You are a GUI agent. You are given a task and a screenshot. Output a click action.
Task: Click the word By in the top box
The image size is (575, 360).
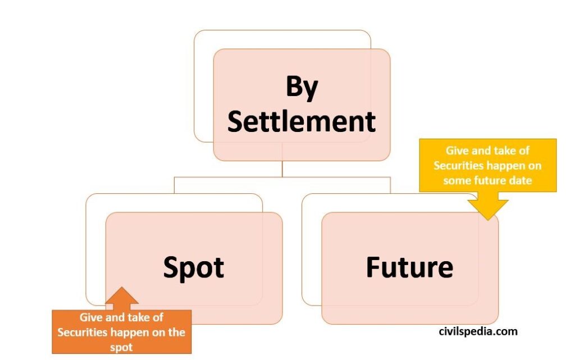[302, 89]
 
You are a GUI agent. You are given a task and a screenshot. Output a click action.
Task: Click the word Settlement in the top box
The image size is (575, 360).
[302, 121]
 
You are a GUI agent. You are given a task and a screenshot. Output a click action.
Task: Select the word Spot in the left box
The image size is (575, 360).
[193, 267]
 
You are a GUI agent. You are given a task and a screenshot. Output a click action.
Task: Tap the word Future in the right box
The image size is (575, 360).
[409, 267]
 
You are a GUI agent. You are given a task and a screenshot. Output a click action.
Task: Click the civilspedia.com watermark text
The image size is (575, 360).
[478, 331]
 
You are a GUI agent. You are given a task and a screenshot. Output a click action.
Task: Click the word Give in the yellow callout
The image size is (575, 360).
[458, 151]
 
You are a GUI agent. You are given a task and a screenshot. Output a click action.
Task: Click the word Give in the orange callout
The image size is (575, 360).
[91, 317]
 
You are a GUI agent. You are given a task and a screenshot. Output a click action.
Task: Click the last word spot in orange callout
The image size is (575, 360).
[121, 347]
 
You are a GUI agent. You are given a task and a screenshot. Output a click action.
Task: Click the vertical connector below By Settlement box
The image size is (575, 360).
[282, 169]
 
